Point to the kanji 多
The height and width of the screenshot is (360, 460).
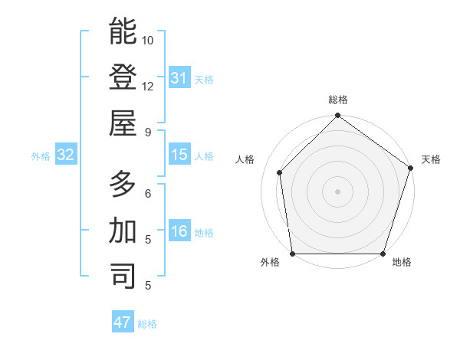(x=123, y=184)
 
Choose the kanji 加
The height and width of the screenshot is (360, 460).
(x=123, y=230)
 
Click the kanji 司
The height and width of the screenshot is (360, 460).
(x=123, y=276)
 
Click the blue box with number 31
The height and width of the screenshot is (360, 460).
(x=179, y=78)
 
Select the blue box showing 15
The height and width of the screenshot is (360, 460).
(x=179, y=155)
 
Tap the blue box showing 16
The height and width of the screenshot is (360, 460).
(x=179, y=232)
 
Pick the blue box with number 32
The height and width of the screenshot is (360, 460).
(x=66, y=155)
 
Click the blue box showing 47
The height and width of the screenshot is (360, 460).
(x=123, y=322)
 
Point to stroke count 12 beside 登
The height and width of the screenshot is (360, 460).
(x=148, y=86)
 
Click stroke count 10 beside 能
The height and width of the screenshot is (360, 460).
(x=148, y=40)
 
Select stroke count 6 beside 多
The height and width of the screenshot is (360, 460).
(x=147, y=193)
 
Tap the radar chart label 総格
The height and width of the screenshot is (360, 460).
(x=338, y=100)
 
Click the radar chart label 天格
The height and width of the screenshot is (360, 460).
(x=431, y=159)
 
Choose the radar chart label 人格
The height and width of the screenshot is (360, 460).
(x=245, y=159)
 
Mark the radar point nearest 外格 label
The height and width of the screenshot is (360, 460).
(x=292, y=254)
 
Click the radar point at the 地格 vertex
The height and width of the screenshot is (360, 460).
(x=383, y=254)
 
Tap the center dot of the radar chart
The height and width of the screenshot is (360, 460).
(x=337, y=191)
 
